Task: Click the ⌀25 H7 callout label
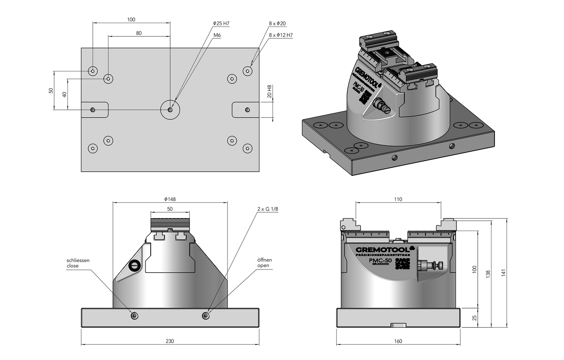click(221, 24)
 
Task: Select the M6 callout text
click(217, 35)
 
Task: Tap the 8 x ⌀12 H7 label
click(281, 35)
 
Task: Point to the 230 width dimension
click(170, 341)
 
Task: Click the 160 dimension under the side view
click(398, 341)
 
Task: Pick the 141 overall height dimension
click(504, 273)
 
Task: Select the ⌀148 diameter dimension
click(170, 199)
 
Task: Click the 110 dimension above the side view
click(398, 199)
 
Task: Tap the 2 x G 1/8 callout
click(268, 209)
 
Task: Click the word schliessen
click(78, 260)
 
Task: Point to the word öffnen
click(264, 260)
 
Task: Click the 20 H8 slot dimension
click(269, 92)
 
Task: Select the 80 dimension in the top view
click(139, 34)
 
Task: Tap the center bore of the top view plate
click(170, 110)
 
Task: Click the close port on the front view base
click(135, 315)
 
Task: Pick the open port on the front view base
click(206, 315)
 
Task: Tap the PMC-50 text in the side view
click(380, 260)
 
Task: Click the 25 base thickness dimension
click(475, 317)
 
